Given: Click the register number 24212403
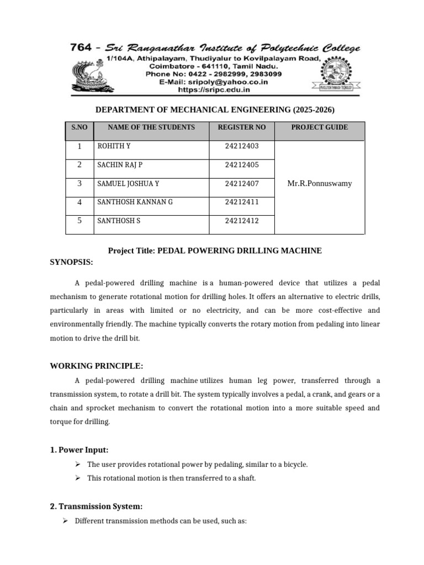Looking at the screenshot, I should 242,146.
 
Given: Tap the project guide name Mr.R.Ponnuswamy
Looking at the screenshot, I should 319,183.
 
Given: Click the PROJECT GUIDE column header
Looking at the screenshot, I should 319,127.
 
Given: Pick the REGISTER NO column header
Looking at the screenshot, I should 242,127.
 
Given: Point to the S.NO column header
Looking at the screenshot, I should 79,127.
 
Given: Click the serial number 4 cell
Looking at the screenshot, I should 79,202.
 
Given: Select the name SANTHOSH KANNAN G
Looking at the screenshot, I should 135,202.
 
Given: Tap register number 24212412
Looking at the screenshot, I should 242,221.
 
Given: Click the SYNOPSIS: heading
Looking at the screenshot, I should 72,262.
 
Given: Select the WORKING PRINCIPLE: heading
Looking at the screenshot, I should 97,366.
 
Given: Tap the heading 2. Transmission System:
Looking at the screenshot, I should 96,506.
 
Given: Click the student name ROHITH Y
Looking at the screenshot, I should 114,146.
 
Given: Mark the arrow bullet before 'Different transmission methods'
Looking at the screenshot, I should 65,520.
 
